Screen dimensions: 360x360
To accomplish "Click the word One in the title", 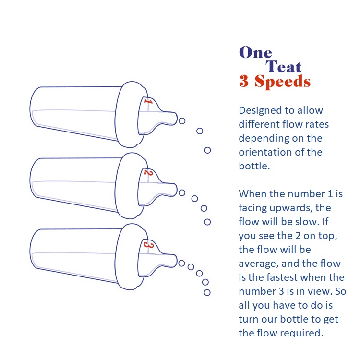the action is click(255, 52).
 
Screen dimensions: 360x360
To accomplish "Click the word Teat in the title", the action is click(283, 67).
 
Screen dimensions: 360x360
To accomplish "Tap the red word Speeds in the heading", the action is click(282, 82).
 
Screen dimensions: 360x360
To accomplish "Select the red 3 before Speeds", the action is click(244, 81).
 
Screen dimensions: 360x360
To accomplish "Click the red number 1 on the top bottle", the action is click(148, 101).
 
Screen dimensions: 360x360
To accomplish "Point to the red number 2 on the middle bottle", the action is click(148, 172).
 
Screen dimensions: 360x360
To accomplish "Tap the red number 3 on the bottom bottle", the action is click(148, 244).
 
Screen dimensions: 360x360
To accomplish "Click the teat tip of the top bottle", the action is click(176, 118).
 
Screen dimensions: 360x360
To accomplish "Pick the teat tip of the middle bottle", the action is click(176, 190).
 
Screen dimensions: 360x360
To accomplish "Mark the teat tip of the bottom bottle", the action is click(176, 261).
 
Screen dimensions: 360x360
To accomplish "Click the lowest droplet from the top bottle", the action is click(207, 150).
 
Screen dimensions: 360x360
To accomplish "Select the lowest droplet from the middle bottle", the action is click(207, 222).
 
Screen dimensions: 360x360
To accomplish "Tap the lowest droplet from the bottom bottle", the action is click(207, 292).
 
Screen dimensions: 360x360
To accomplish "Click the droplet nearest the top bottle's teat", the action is click(182, 121).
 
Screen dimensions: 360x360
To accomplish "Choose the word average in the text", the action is click(259, 264).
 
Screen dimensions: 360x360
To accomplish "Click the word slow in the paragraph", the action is click(307, 222).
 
